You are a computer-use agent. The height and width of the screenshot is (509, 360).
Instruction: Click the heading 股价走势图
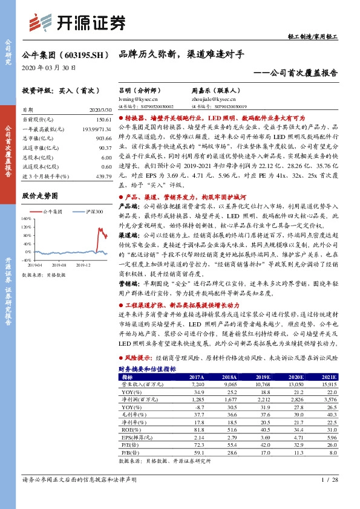[40, 196]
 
